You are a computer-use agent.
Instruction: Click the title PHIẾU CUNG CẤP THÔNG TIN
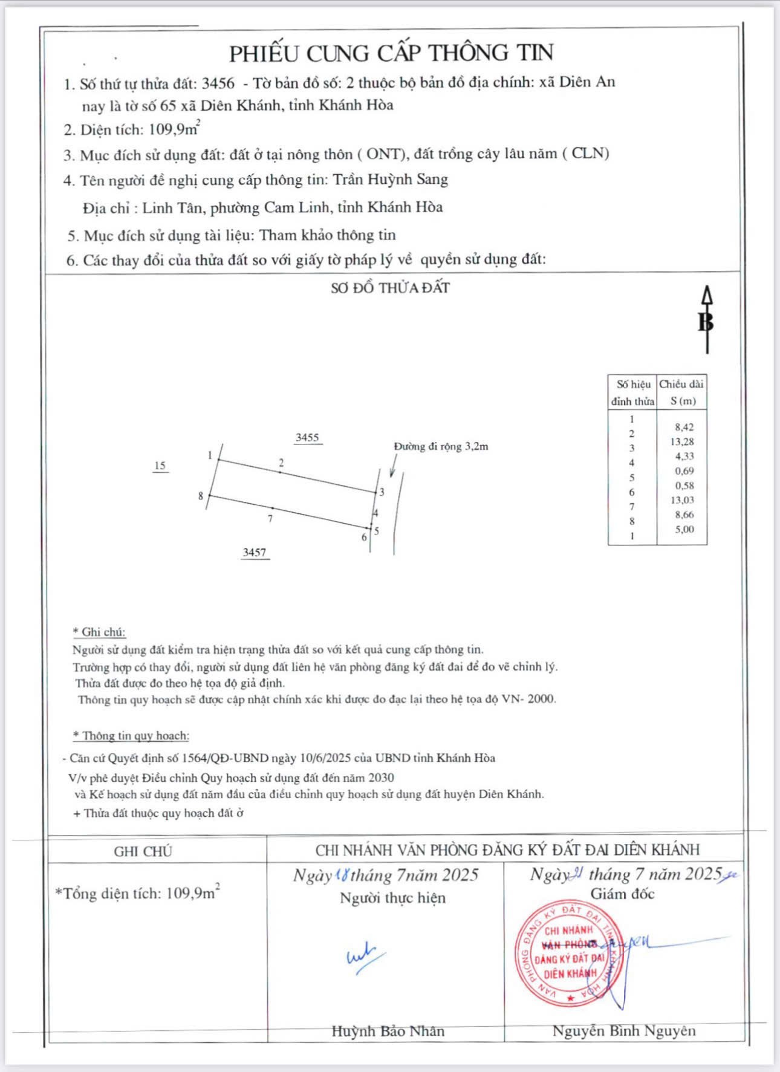click(391, 54)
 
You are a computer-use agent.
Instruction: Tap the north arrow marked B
click(706, 320)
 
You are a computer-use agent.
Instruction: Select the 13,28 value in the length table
click(682, 442)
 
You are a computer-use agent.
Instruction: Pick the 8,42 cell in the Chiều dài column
click(684, 427)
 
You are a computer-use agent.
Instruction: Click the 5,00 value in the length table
click(684, 530)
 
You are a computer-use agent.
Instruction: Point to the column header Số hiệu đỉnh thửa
click(632, 392)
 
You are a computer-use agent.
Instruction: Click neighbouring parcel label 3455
click(307, 438)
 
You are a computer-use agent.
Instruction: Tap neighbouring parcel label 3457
click(255, 553)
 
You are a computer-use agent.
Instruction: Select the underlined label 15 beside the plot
click(160, 466)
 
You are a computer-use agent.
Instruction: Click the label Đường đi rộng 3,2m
click(441, 447)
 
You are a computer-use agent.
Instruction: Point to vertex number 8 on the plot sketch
click(201, 496)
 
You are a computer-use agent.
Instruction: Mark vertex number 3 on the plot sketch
click(382, 493)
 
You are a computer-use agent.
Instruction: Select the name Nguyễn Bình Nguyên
click(623, 1031)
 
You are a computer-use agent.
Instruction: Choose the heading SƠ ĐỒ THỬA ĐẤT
click(390, 288)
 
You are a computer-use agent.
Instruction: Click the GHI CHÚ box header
click(143, 851)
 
